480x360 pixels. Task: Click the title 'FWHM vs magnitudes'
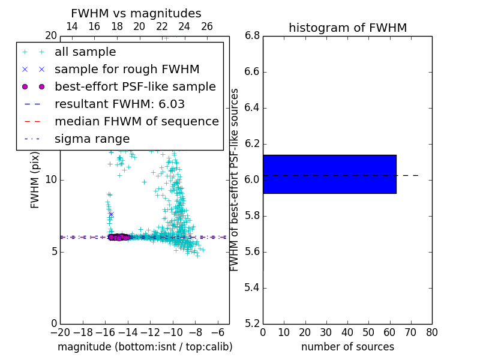click(136, 13)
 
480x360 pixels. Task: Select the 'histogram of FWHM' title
click(347, 28)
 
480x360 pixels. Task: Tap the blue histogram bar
click(329, 174)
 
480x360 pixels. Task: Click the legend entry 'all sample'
click(85, 52)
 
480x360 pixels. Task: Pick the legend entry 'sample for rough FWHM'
click(127, 70)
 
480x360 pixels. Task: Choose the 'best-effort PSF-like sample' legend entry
click(135, 87)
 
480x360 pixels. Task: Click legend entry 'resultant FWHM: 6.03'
click(119, 104)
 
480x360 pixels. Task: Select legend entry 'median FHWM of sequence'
click(136, 122)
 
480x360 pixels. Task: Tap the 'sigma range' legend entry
click(92, 139)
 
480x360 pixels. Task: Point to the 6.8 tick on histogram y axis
click(252, 35)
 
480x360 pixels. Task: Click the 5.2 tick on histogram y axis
click(252, 323)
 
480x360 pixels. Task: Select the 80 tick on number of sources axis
click(432, 332)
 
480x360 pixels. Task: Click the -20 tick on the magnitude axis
click(60, 332)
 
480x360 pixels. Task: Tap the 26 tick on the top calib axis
click(207, 26)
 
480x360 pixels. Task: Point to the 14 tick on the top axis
click(71, 26)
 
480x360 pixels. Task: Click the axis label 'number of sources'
click(347, 347)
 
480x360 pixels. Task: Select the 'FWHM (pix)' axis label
click(35, 179)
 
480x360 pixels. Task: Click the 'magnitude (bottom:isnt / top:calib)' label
click(145, 347)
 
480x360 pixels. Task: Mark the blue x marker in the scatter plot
click(111, 214)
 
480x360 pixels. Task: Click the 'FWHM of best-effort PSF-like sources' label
click(235, 179)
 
